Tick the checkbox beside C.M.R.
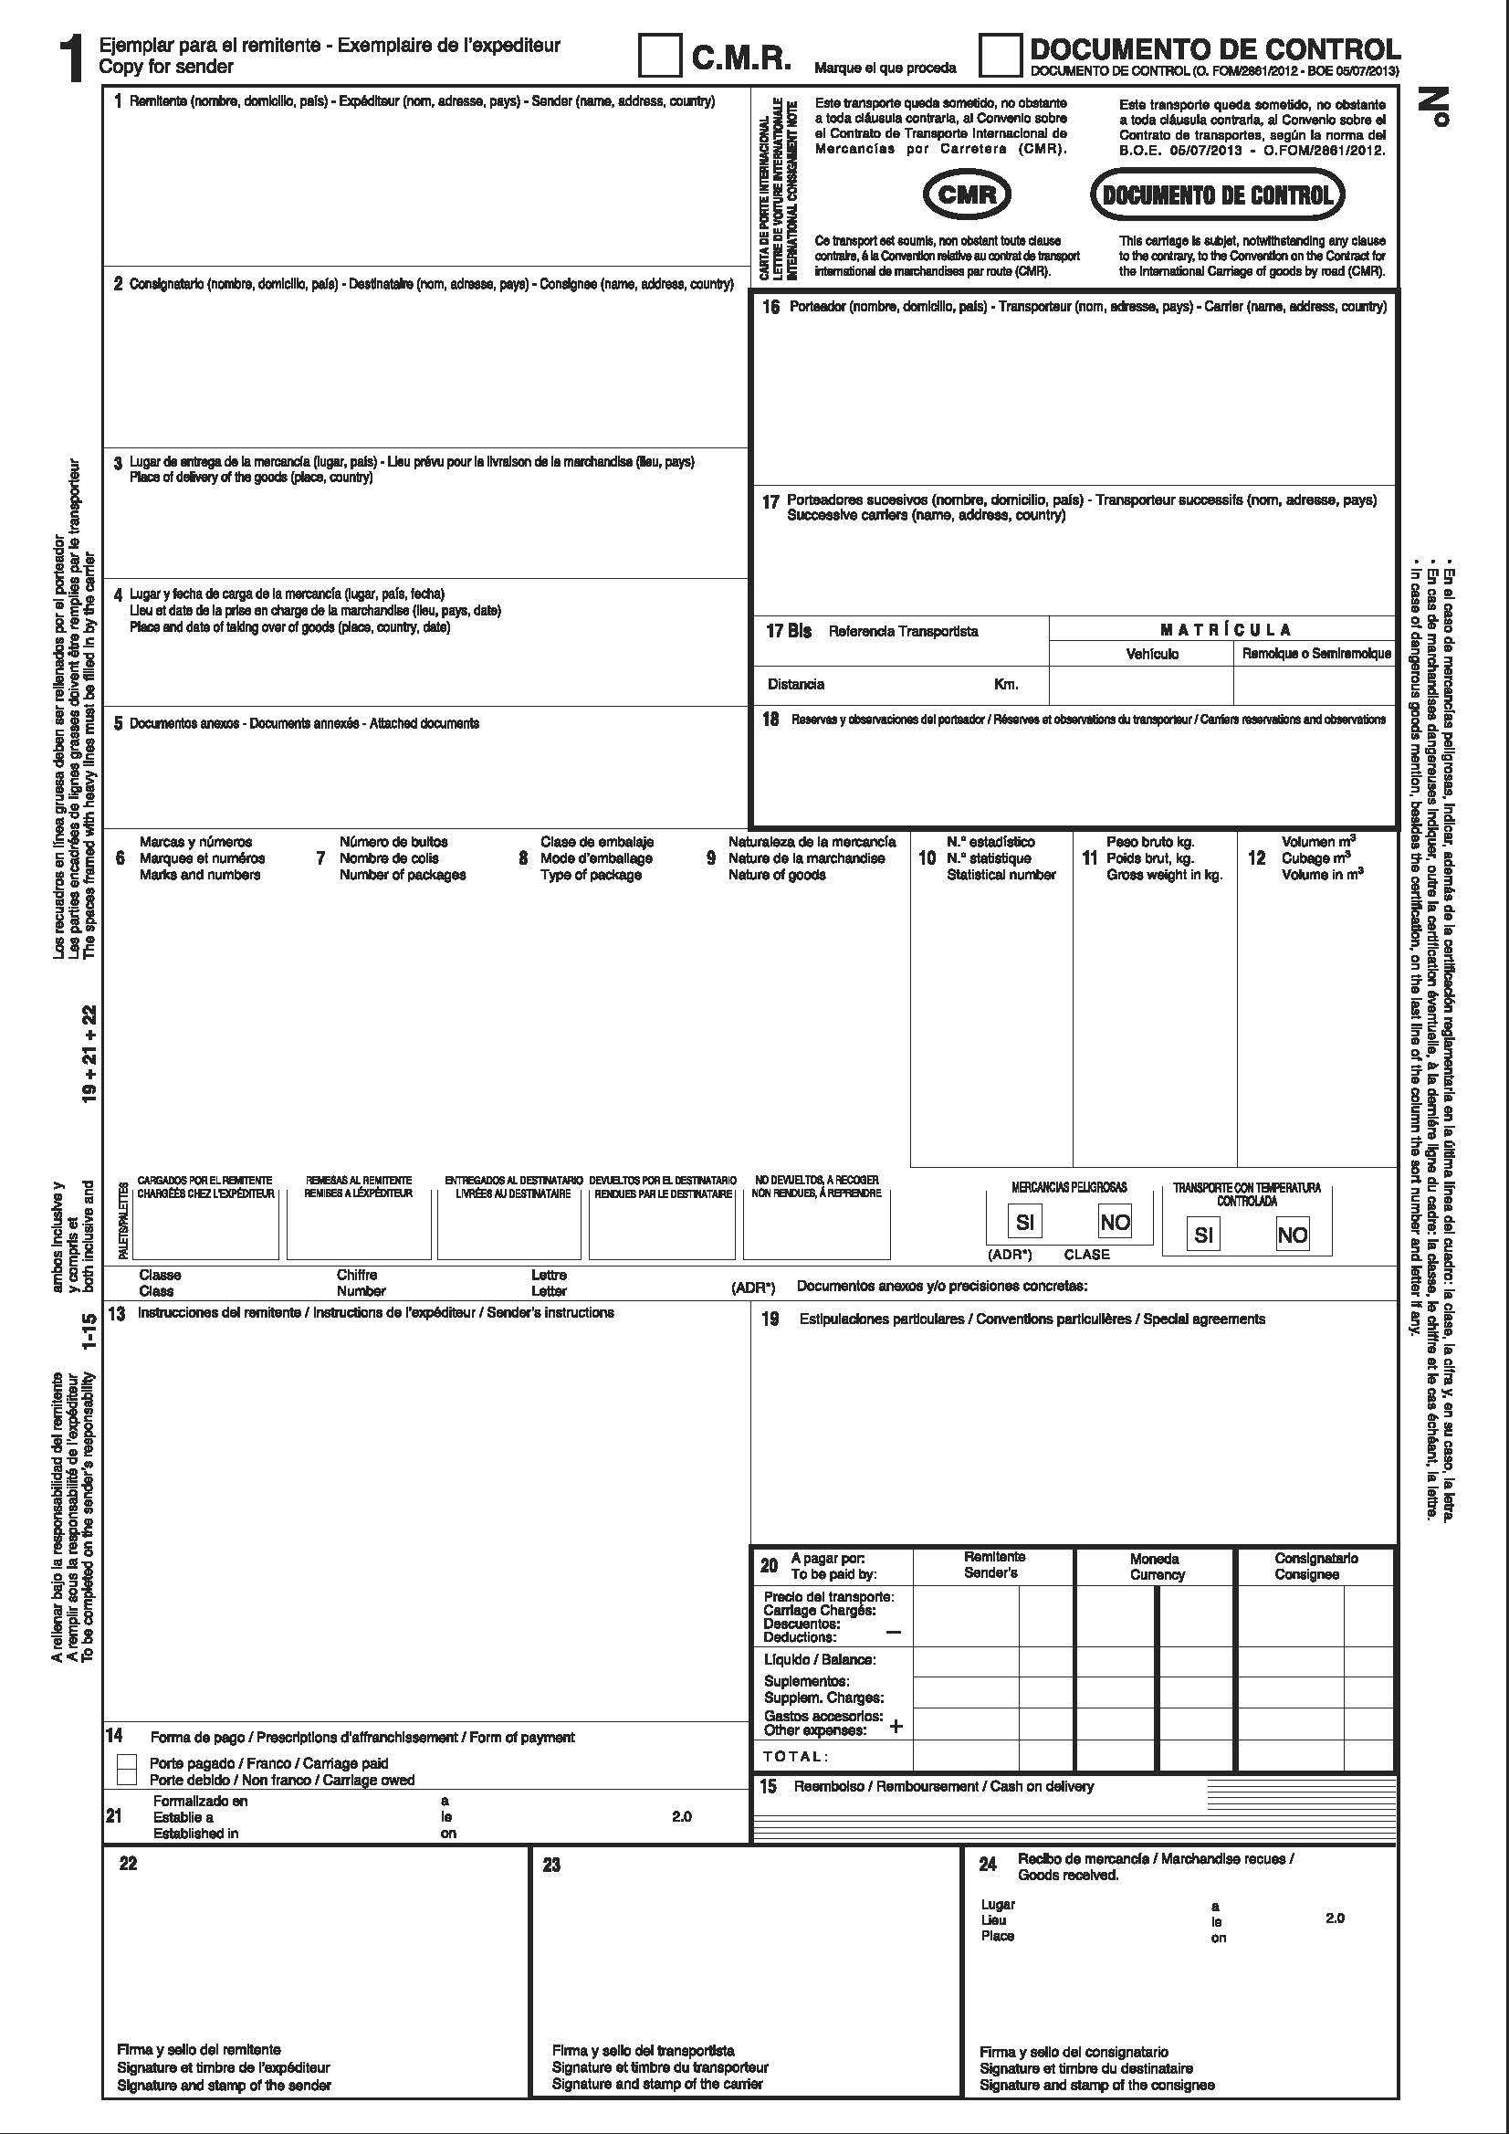(x=659, y=56)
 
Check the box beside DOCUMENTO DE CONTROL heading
(x=1000, y=56)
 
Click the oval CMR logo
(x=967, y=194)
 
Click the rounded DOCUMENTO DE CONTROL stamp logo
(x=1216, y=194)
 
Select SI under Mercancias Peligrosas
(x=1024, y=1221)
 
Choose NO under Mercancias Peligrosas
(x=1114, y=1221)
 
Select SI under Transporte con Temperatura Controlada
(x=1203, y=1235)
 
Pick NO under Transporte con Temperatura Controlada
(x=1292, y=1235)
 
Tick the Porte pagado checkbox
(x=127, y=1762)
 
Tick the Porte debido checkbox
(x=127, y=1778)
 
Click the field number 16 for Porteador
(x=770, y=307)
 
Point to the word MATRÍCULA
(x=1225, y=629)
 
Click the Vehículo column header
(x=1151, y=654)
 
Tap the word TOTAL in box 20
(x=794, y=1756)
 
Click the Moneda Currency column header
(x=1156, y=1566)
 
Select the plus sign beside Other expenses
(x=896, y=1726)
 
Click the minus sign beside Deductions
(x=893, y=1631)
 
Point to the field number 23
(x=551, y=1865)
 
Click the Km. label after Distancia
(x=1006, y=684)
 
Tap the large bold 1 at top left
(x=72, y=59)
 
